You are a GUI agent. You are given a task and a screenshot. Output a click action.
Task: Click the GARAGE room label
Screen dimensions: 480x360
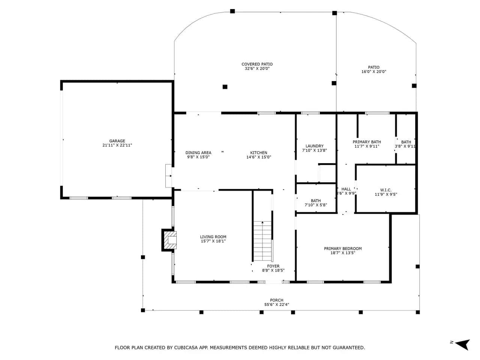pos(117,141)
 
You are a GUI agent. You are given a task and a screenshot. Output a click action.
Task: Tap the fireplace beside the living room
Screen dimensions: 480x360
pos(169,240)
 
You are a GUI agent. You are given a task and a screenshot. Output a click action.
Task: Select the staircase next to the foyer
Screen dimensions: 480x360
pos(262,241)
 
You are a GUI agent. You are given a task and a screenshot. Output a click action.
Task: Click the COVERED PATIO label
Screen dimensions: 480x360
pos(257,64)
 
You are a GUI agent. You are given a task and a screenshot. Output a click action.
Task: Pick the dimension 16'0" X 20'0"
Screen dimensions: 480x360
pos(374,72)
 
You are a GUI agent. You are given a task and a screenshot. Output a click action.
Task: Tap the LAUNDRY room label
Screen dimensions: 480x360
pos(315,146)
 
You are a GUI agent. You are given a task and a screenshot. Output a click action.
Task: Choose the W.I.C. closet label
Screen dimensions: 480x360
pos(386,190)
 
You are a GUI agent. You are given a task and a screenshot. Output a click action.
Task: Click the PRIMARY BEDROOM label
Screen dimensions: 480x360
pos(343,249)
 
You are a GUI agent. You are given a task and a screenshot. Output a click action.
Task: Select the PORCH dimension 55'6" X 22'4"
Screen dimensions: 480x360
pos(277,304)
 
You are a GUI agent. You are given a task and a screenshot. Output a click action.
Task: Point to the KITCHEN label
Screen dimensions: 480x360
pos(259,153)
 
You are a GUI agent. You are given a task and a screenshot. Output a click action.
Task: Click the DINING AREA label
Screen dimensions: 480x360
pos(198,153)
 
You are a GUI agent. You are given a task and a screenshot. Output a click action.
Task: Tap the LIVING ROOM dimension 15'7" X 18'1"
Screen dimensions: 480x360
pos(213,241)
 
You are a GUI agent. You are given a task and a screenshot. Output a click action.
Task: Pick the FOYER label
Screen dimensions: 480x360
pos(273,266)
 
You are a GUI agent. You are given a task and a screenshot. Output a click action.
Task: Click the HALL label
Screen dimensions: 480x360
pos(346,189)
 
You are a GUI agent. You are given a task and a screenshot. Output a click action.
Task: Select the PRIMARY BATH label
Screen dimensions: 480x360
pos(367,142)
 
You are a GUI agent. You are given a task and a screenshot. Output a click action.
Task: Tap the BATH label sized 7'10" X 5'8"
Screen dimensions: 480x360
pos(316,201)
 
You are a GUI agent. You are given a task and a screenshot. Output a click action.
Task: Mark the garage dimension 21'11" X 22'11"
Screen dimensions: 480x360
pos(117,145)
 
